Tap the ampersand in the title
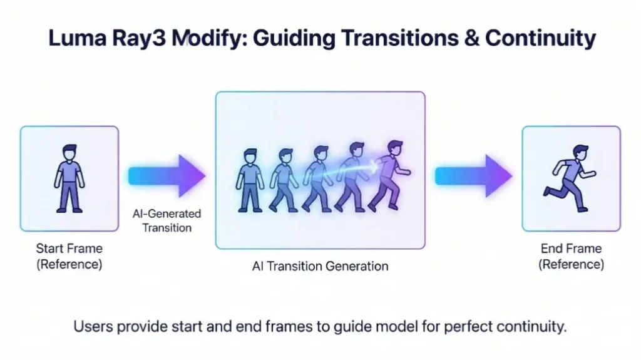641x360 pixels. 471,38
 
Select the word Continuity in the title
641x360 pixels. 540,39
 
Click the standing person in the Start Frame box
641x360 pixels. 69,178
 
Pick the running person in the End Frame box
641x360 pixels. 570,178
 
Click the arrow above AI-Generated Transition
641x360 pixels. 167,176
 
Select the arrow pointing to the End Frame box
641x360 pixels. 473,176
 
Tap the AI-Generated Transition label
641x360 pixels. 167,220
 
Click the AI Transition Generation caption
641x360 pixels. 320,266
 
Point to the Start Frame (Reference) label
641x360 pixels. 69,256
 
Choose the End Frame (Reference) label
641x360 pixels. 571,256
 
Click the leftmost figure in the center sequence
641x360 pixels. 250,180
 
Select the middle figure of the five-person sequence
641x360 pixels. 317,179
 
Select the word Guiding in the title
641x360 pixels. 294,39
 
